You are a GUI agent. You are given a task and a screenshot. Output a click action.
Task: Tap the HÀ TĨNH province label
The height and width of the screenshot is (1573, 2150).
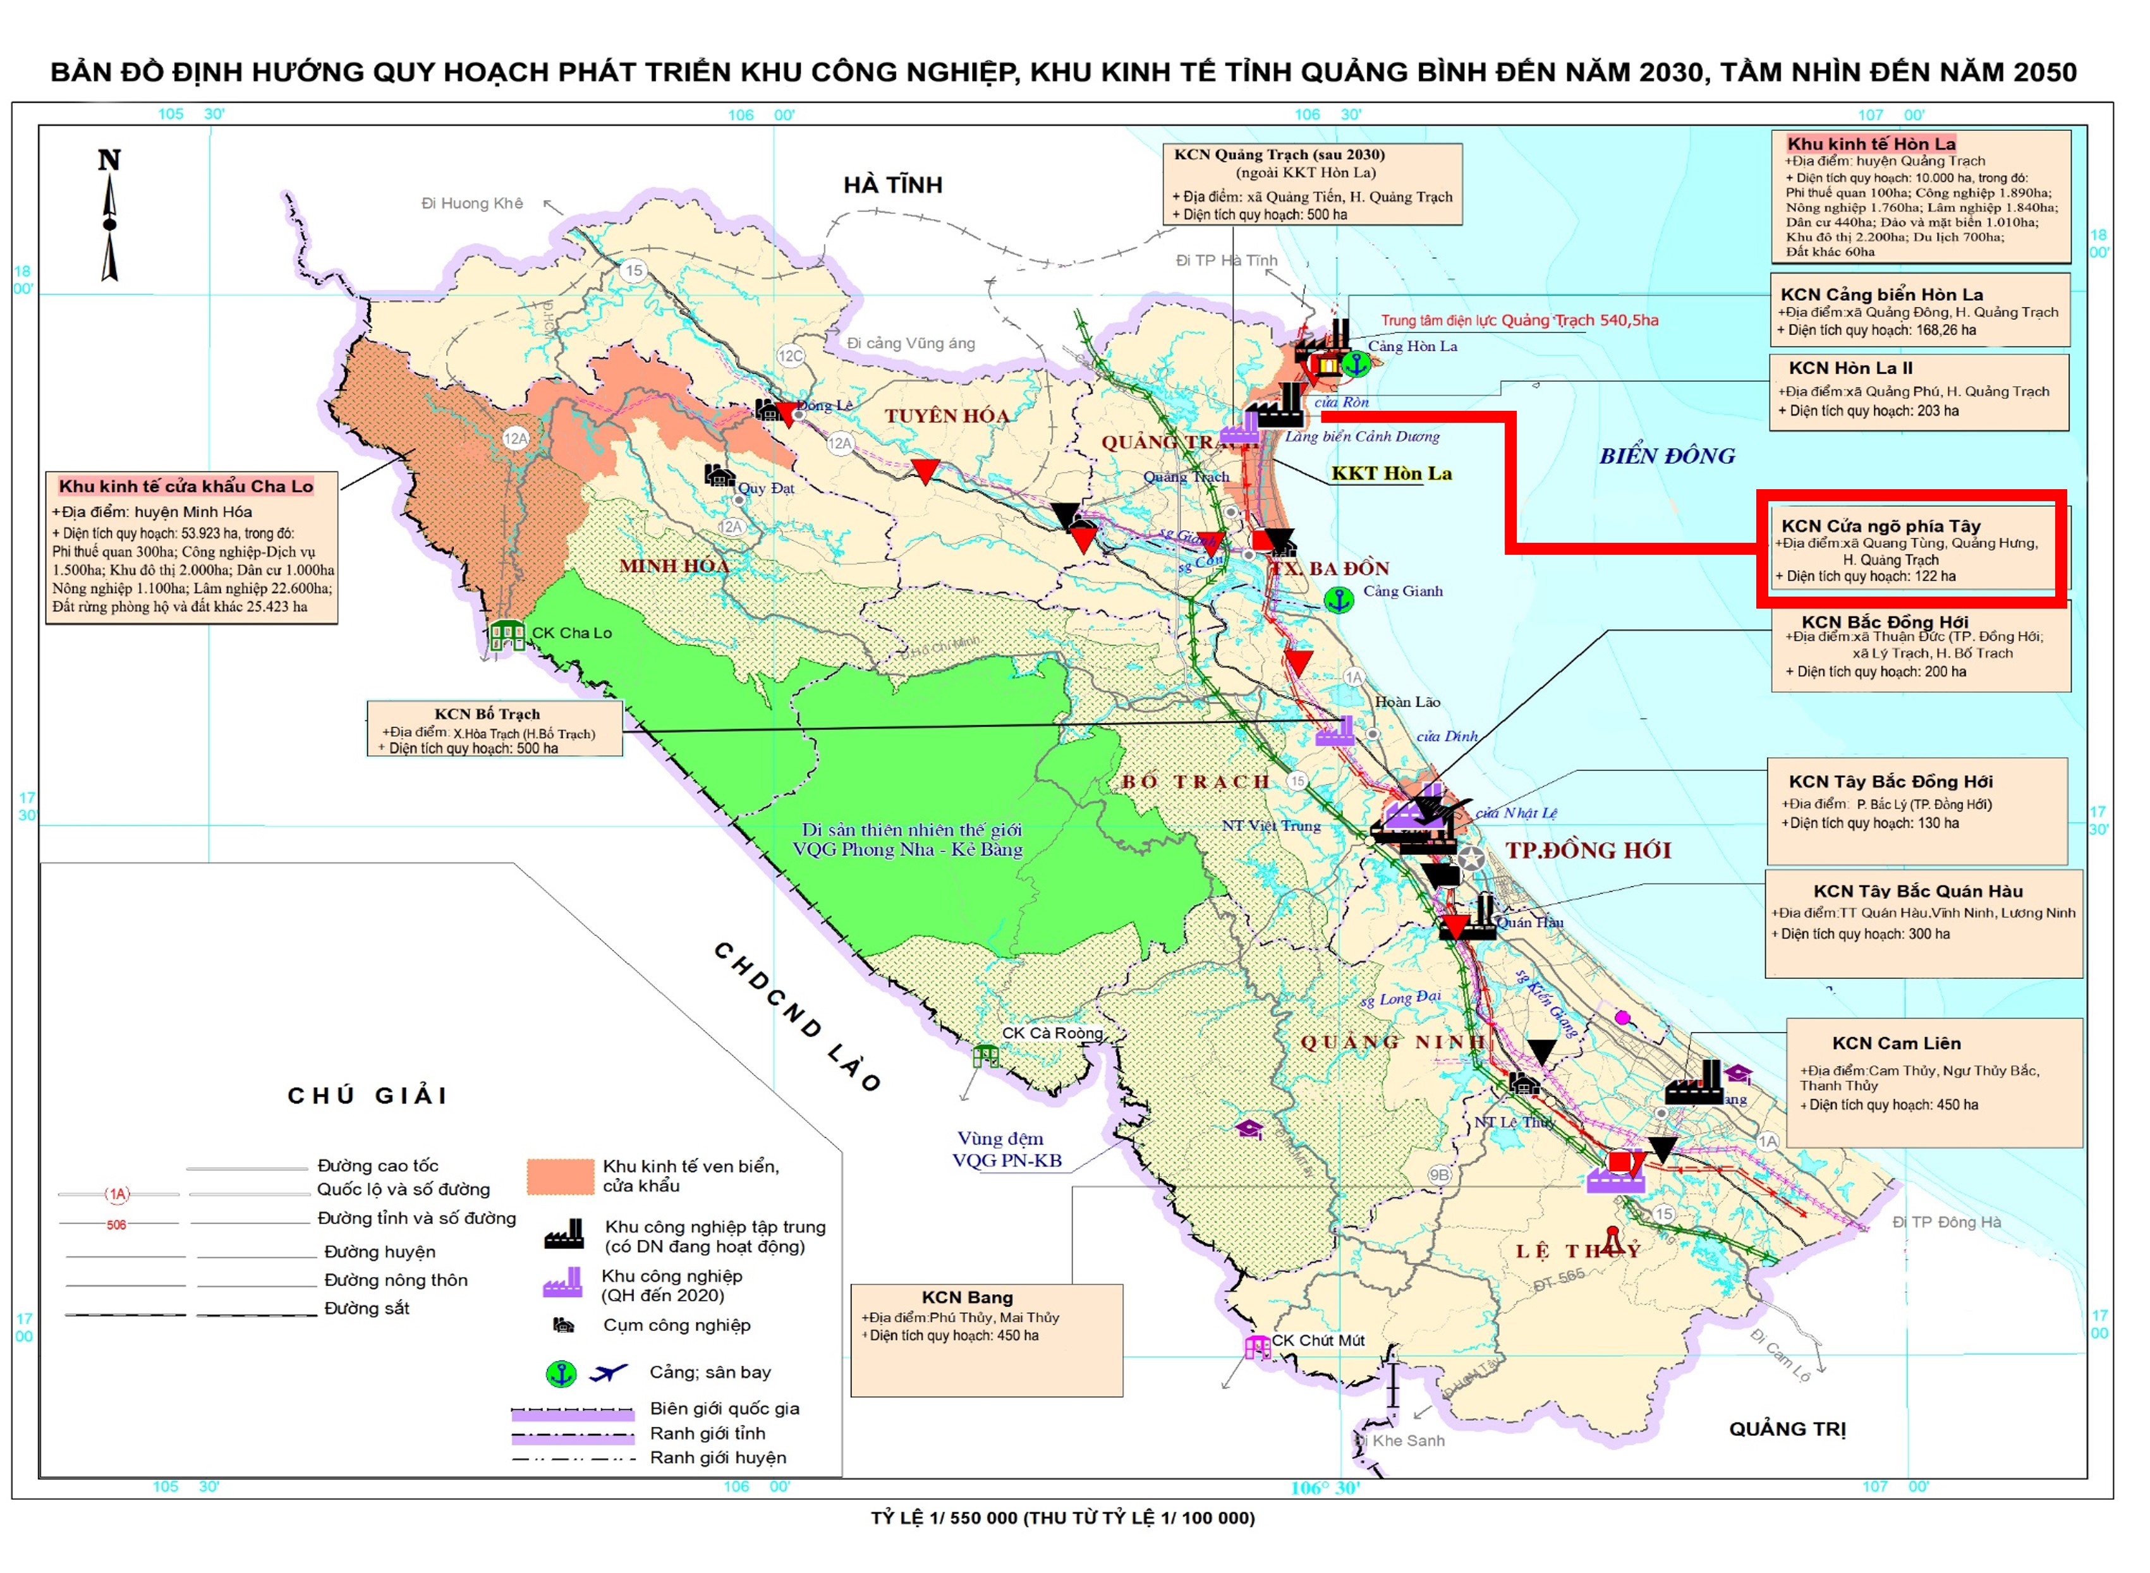pos(892,185)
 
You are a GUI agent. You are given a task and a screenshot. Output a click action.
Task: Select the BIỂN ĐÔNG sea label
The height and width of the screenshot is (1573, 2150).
pos(1667,456)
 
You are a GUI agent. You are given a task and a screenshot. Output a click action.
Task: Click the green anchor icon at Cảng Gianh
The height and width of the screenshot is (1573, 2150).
pos(1339,600)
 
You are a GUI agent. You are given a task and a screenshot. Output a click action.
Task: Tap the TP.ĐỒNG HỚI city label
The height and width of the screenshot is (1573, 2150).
pos(1588,849)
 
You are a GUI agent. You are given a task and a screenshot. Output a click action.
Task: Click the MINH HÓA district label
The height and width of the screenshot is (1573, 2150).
pos(674,566)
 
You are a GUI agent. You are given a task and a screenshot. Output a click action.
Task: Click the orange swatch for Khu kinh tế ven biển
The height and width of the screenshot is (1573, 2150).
pos(560,1176)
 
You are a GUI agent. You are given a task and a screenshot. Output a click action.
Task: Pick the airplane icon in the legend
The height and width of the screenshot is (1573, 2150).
pos(609,1372)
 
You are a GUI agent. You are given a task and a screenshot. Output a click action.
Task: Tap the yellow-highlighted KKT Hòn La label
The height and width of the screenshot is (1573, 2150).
pos(1390,473)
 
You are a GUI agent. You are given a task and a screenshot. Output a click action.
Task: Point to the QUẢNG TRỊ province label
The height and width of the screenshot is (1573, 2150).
pos(1786,1428)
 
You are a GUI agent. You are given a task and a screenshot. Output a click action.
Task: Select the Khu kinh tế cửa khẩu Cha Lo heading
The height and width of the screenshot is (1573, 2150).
pos(186,485)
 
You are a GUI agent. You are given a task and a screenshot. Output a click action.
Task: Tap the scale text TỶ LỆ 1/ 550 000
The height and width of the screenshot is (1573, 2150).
pos(1062,1518)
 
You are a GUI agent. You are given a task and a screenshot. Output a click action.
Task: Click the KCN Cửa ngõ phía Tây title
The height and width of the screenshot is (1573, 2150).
pos(1881,526)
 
